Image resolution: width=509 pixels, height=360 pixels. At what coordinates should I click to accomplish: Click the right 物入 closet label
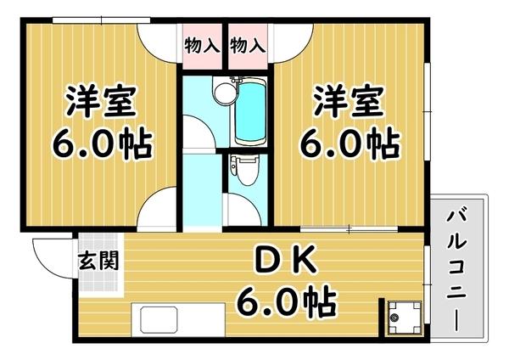247,45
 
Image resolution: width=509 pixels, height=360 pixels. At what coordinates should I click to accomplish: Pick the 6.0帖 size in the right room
349,145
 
